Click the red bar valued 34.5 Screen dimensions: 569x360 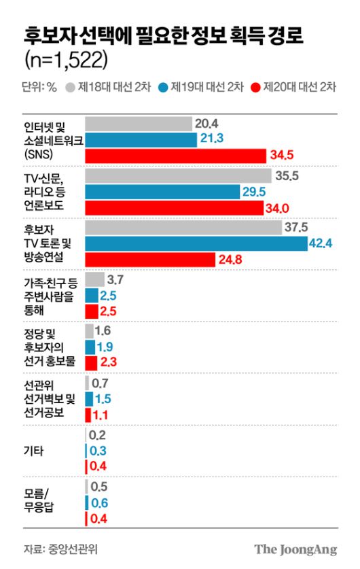[x=175, y=156]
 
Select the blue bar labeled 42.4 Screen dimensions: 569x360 [x=196, y=243]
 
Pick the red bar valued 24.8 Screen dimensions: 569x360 [x=150, y=259]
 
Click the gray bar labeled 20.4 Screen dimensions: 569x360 [x=139, y=123]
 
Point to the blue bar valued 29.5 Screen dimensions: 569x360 [x=162, y=191]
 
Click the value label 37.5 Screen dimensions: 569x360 [x=296, y=227]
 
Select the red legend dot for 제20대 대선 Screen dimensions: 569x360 [x=255, y=87]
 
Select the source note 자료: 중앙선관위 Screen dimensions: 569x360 [x=55, y=549]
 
